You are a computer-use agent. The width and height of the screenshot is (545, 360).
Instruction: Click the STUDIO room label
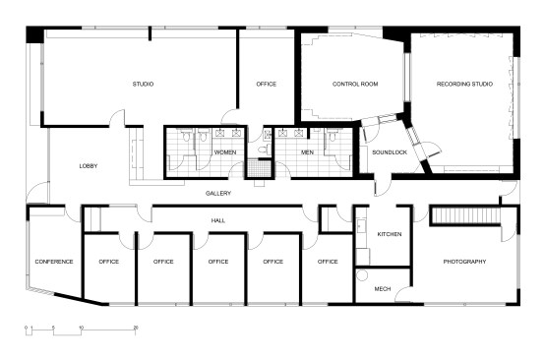(x=143, y=84)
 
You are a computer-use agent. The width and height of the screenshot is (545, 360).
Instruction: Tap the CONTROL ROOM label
(x=355, y=84)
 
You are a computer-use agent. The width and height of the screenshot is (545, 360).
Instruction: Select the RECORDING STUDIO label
(x=464, y=84)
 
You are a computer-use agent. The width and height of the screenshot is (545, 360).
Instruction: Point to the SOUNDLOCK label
(x=388, y=152)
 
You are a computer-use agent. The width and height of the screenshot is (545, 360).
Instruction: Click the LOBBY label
(x=89, y=166)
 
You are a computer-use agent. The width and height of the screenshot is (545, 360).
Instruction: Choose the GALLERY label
(x=218, y=194)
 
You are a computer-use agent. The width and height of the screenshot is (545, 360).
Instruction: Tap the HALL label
(x=218, y=220)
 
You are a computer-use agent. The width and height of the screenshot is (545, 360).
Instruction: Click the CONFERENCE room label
(x=53, y=262)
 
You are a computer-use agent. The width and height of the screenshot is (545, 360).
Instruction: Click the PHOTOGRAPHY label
(x=464, y=262)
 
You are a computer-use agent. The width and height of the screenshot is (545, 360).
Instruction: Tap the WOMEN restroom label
(x=225, y=152)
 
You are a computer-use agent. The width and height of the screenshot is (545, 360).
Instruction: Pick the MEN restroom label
(x=306, y=152)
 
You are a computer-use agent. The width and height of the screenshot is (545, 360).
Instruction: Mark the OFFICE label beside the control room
(x=266, y=84)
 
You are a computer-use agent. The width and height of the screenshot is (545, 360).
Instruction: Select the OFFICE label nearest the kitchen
(x=328, y=262)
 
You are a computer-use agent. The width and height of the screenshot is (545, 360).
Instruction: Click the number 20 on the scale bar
(x=136, y=326)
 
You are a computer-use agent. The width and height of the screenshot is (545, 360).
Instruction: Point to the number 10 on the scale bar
(x=82, y=326)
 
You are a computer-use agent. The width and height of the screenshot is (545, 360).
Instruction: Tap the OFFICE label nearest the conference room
(x=108, y=262)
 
